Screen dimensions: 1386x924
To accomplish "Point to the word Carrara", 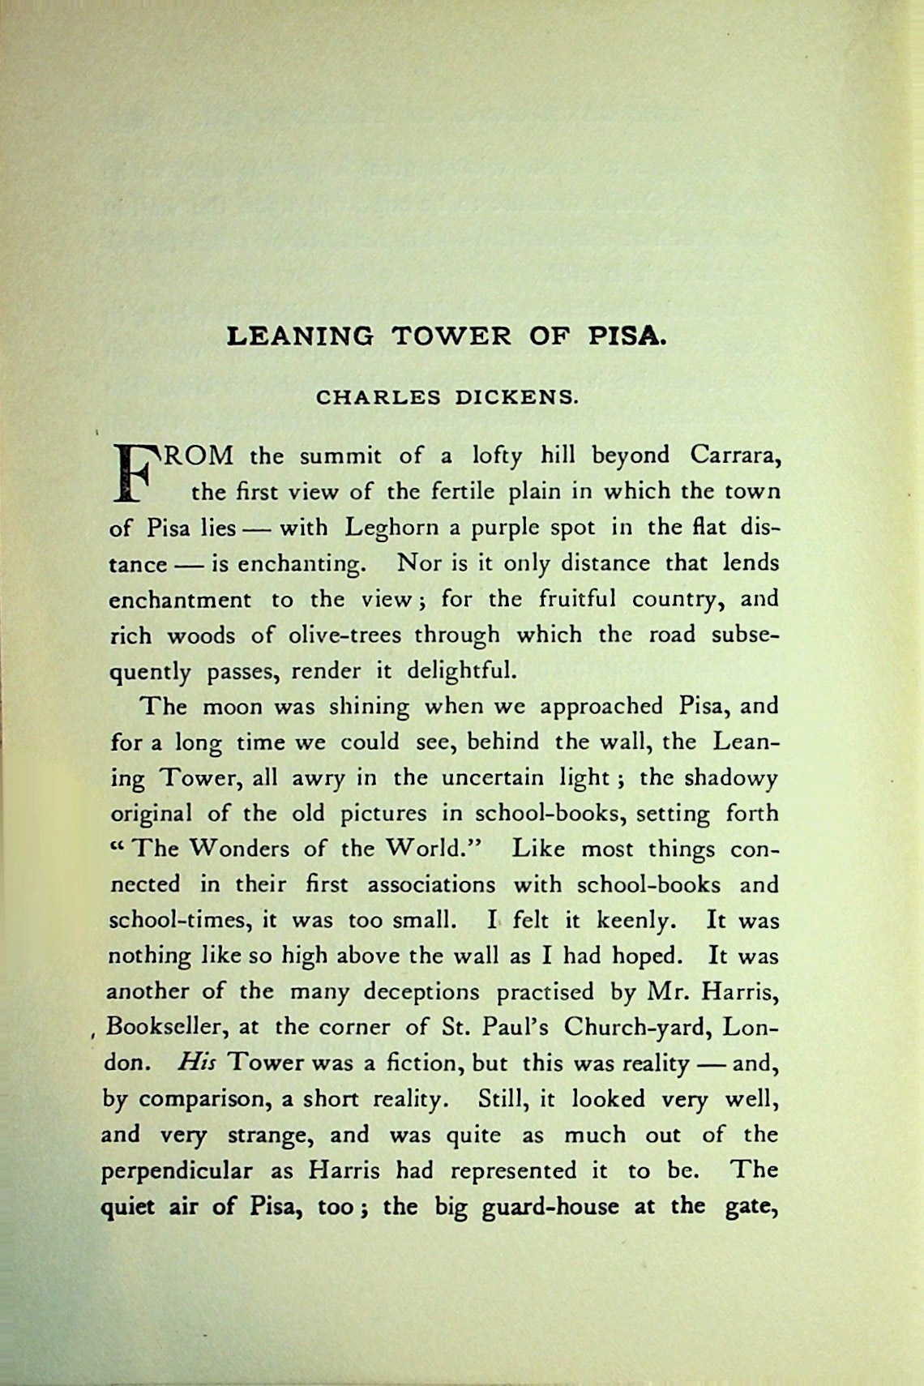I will click(735, 456).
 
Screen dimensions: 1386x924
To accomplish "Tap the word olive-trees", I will click(344, 635).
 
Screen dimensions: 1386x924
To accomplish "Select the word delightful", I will click(460, 671).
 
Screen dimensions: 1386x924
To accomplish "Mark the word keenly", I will click(636, 921).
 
